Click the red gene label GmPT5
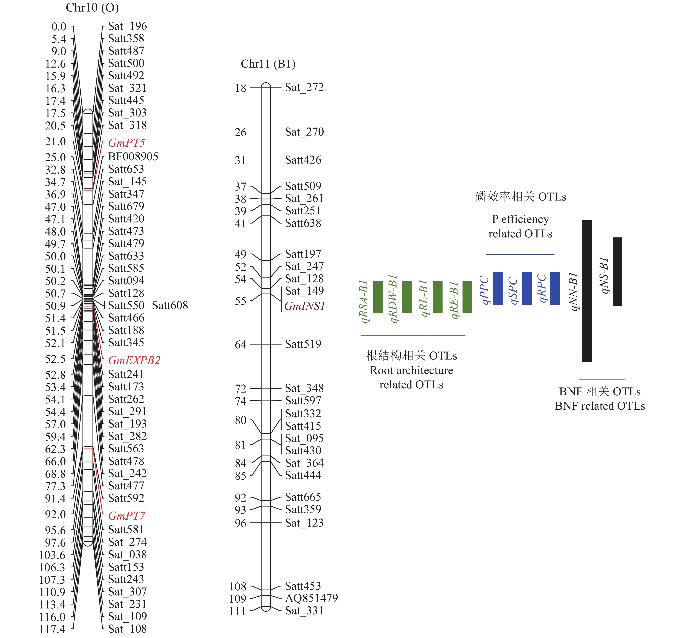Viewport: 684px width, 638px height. (126, 143)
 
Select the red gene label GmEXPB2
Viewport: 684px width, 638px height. (134, 360)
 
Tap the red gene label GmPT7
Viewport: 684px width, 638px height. (126, 516)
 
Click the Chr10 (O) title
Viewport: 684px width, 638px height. (92, 8)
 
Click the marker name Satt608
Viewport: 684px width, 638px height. (170, 305)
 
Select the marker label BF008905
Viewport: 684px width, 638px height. (133, 157)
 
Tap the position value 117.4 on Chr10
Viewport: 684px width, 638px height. (52, 629)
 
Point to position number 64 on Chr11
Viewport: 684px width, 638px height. (241, 345)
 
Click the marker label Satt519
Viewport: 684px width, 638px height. (303, 344)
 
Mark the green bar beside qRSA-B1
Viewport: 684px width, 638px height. (378, 297)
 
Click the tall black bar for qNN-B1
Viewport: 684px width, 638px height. (587, 291)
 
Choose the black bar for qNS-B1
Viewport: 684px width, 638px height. (617, 272)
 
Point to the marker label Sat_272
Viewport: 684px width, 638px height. (304, 87)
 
